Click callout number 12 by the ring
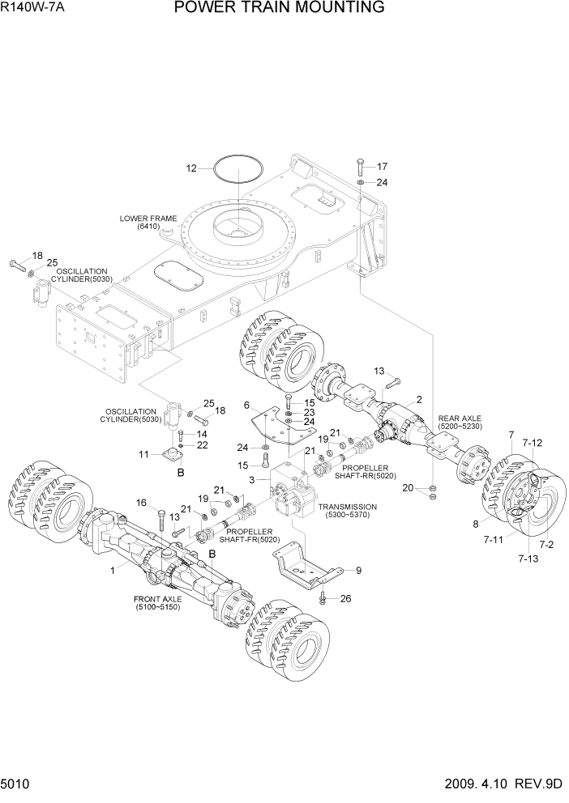[x=191, y=169]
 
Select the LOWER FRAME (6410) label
[x=142, y=223]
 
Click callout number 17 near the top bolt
[x=382, y=167]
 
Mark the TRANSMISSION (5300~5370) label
[x=352, y=511]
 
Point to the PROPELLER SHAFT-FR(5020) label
[x=249, y=535]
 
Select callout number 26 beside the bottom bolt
[x=346, y=599]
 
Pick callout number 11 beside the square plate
[x=144, y=454]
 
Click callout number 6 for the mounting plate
[x=246, y=404]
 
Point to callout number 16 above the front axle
[x=142, y=503]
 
